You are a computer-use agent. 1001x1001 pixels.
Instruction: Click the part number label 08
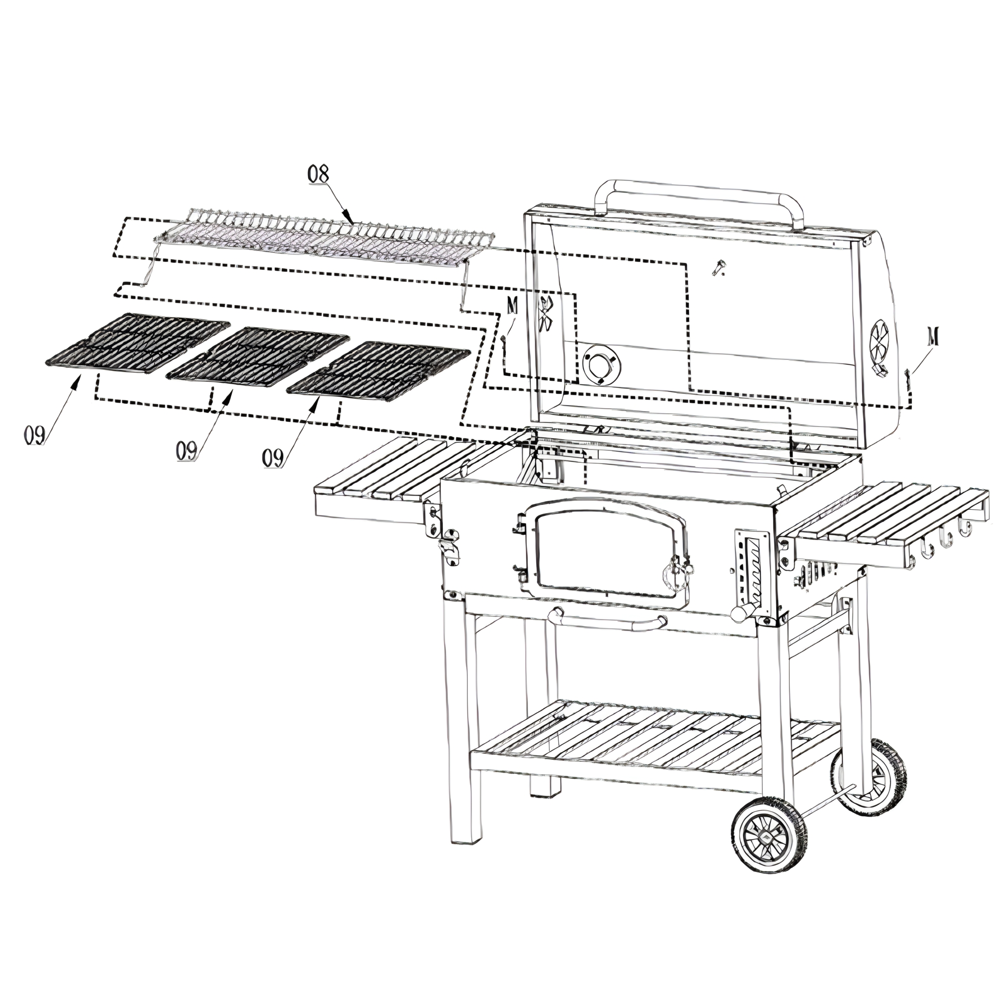pos(318,174)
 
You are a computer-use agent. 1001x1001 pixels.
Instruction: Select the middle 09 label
pos(187,451)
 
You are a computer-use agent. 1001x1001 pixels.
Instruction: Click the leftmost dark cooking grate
pos(137,343)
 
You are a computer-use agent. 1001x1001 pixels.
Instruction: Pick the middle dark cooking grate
pos(258,357)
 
